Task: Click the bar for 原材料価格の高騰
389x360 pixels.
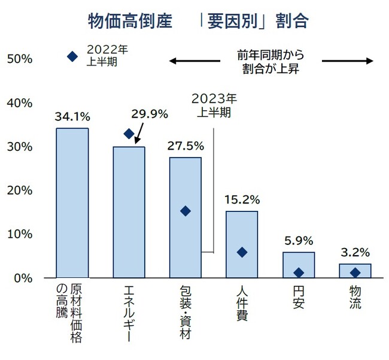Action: click(x=72, y=204)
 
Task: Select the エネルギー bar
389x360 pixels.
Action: click(x=129, y=213)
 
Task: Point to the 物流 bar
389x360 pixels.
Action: click(x=355, y=271)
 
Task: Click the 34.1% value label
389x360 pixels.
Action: click(x=72, y=116)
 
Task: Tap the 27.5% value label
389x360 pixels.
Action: click(x=186, y=146)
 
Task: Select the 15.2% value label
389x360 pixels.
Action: click(x=242, y=199)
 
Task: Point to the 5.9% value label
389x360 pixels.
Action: click(x=298, y=240)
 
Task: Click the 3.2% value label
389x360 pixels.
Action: click(x=354, y=252)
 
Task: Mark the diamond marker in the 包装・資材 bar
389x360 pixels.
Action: click(x=185, y=211)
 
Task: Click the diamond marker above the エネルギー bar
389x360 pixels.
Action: click(x=129, y=134)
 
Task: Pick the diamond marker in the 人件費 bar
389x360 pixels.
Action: click(x=242, y=252)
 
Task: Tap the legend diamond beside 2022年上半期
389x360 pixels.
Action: click(x=72, y=56)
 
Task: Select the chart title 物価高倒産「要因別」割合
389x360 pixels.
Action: click(x=198, y=22)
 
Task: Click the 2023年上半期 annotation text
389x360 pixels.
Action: click(x=214, y=104)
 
